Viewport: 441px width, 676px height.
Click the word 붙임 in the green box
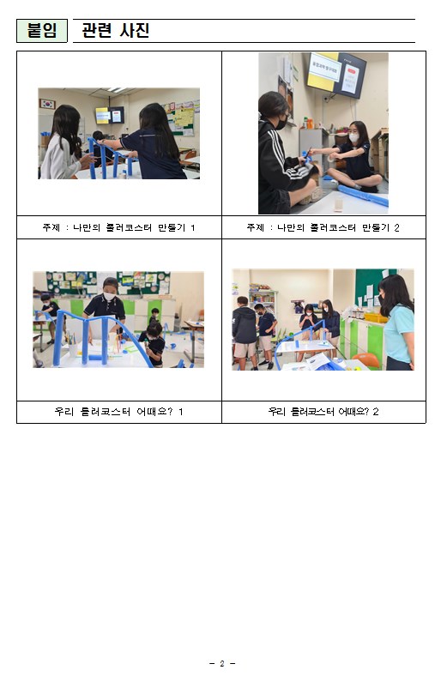pos(42,30)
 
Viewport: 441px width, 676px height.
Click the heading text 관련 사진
pos(116,30)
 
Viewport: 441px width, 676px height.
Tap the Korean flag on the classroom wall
pos(47,104)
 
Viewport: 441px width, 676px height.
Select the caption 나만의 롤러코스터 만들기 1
pos(134,227)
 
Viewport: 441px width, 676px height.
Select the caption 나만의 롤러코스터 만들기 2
pos(338,227)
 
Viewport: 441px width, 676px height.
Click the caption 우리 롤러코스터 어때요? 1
pos(119,412)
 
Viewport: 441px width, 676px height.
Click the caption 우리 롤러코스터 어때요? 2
pos(323,412)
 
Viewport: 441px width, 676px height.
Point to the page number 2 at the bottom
pos(222,663)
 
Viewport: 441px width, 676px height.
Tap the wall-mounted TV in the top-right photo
pos(336,75)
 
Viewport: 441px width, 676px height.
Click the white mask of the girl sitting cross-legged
pos(354,137)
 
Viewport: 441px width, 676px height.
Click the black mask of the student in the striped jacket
pos(281,123)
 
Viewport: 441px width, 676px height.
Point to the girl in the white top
pos(63,143)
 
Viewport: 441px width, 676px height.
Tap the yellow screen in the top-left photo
pos(102,116)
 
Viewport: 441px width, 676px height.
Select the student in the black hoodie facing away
pos(245,333)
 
